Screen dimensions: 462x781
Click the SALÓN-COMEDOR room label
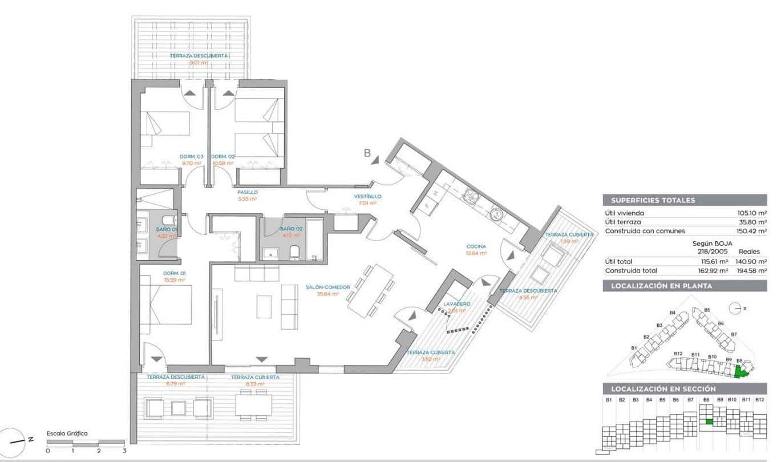tap(322, 287)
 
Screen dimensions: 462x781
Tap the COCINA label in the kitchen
tap(476, 246)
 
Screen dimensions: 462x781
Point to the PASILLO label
tap(248, 192)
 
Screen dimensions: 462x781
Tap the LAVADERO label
tap(458, 304)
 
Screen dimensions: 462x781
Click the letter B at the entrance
tap(368, 152)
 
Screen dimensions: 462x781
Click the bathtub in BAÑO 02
tap(314, 238)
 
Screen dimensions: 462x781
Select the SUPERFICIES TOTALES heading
tap(653, 200)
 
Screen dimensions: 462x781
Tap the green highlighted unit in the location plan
tap(740, 372)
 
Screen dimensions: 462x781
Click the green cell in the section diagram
tap(708, 422)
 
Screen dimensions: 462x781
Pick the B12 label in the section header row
tap(759, 400)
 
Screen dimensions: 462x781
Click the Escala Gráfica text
tap(67, 433)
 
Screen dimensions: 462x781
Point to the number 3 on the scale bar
tap(124, 451)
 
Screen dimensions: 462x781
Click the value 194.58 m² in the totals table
tap(752, 270)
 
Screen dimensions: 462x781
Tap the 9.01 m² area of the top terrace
tap(198, 62)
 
